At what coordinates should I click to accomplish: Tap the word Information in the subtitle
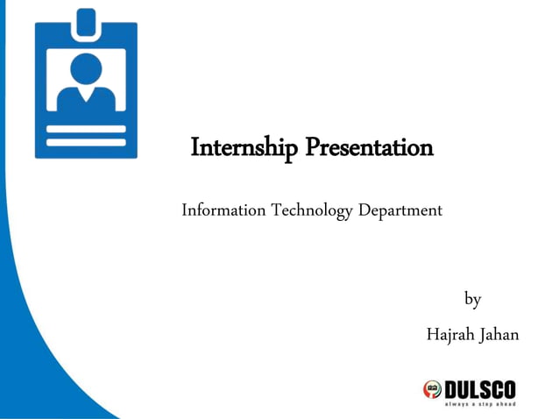click(x=223, y=210)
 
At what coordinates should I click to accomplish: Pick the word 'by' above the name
click(x=472, y=300)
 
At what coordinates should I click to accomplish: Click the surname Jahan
click(x=499, y=334)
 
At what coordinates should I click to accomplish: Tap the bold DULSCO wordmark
click(x=480, y=388)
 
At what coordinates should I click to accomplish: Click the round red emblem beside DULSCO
click(x=432, y=389)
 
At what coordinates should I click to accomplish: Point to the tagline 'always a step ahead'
click(x=480, y=404)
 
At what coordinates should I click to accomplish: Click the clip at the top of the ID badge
click(x=86, y=23)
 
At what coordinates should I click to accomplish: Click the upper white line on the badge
click(x=86, y=129)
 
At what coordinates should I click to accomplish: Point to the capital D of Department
click(x=365, y=210)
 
